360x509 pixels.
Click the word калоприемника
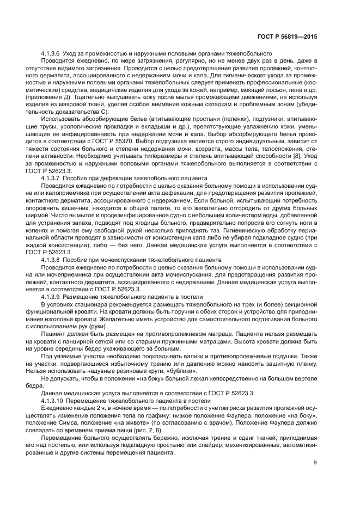click(69, 192)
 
